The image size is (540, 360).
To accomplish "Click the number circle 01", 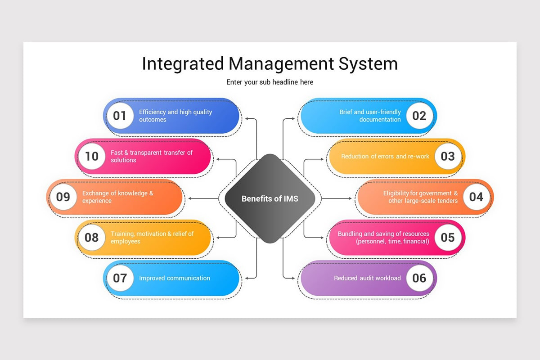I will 120,116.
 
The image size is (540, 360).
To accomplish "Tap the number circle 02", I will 419,116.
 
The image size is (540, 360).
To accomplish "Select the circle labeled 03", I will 448,157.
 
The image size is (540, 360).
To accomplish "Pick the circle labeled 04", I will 476,197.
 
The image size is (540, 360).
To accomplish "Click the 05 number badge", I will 448,238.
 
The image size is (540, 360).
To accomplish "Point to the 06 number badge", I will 419,278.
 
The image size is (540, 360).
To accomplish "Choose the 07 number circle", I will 120,278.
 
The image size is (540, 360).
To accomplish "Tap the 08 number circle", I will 91,238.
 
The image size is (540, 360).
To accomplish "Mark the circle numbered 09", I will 63,197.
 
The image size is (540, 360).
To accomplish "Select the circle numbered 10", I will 91,157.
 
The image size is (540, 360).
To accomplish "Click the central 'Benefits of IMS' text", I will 270,198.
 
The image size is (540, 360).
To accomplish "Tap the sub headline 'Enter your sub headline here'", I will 270,82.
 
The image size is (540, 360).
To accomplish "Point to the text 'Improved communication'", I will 174,278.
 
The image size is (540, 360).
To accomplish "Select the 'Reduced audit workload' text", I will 367,278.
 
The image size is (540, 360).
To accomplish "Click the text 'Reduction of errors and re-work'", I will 385,157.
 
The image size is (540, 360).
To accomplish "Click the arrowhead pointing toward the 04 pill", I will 350,198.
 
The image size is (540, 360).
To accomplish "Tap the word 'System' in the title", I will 368,64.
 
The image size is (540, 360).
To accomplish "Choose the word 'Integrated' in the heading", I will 182,64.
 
